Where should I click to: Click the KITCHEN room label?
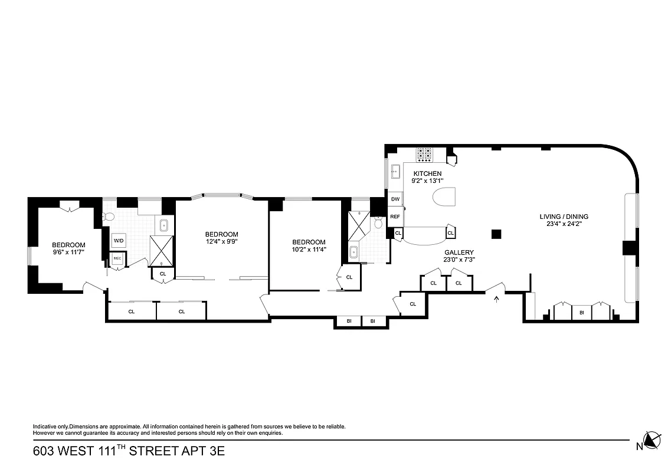(427, 173)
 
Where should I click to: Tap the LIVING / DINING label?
(564, 217)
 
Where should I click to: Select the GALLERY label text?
(459, 253)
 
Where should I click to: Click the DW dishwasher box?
(395, 199)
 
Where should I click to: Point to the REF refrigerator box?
(395, 217)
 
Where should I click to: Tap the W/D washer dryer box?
(119, 241)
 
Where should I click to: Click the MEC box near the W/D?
(117, 258)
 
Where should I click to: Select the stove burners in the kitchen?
(424, 154)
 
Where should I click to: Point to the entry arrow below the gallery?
(496, 299)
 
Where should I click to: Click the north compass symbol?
(652, 440)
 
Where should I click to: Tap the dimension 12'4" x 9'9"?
(222, 241)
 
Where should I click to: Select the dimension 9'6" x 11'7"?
(68, 253)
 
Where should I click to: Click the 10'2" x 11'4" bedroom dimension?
(309, 249)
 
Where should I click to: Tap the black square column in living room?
(496, 234)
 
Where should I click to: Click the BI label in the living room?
(581, 312)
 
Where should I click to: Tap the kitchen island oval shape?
(445, 199)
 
